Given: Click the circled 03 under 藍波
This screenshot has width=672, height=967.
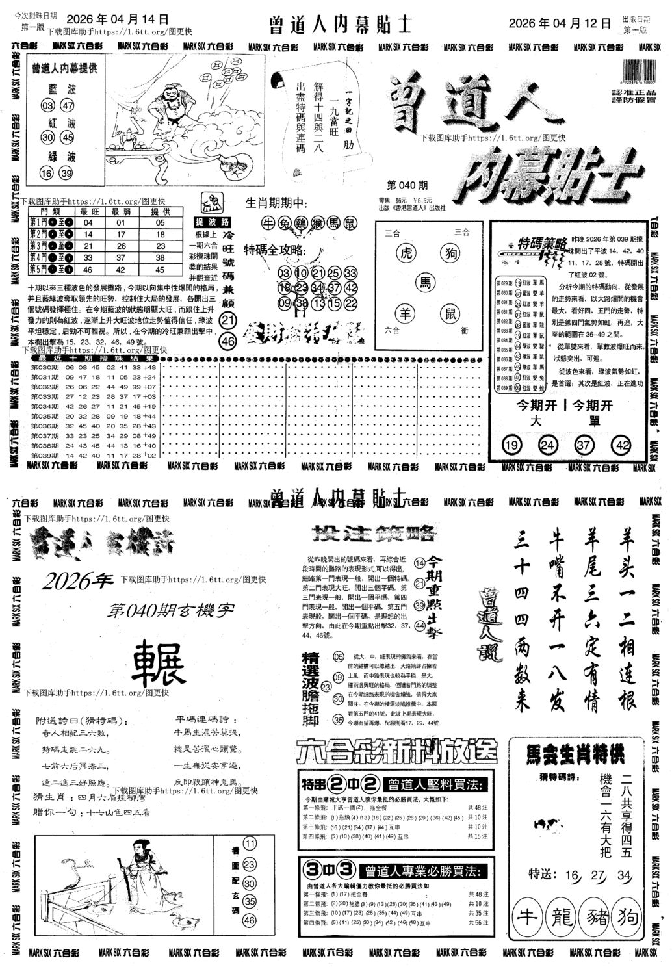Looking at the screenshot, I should (x=47, y=106).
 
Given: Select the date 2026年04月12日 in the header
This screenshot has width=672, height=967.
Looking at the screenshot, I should (x=560, y=23).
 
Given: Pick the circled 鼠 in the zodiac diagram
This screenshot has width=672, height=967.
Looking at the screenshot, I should (x=448, y=314).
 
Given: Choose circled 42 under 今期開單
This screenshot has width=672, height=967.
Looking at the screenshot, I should (x=622, y=445).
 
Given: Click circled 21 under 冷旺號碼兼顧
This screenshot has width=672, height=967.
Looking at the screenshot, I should (x=227, y=320).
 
